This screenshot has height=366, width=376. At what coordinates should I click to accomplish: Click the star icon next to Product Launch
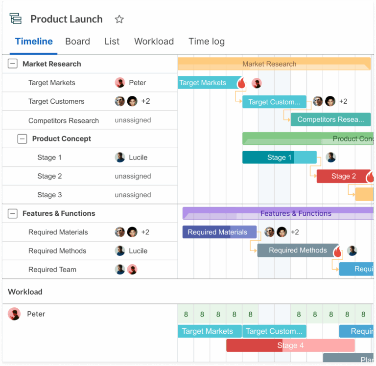(x=119, y=20)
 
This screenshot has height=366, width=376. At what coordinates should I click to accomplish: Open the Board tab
(x=77, y=42)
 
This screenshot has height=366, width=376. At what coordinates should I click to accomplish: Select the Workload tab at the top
(x=154, y=42)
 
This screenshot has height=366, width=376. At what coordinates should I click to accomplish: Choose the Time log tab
(x=207, y=42)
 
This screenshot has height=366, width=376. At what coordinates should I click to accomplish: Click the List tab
(x=112, y=42)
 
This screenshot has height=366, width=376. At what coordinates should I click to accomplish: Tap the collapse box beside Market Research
(x=13, y=64)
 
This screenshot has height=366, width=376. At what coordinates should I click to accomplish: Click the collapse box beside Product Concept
(x=22, y=138)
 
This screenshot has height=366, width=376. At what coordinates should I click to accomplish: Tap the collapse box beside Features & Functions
(x=13, y=213)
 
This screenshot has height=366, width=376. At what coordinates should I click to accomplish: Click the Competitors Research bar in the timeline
(x=330, y=119)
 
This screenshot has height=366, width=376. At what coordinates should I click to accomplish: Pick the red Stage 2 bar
(x=343, y=176)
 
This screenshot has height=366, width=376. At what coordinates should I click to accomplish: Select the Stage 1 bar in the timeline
(x=279, y=158)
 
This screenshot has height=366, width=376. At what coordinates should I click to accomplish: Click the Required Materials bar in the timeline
(x=219, y=232)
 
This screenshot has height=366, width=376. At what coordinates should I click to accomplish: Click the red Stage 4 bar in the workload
(x=290, y=345)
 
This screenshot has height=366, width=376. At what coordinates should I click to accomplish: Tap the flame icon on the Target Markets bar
(x=241, y=83)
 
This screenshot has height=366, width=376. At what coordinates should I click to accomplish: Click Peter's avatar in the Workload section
(x=14, y=314)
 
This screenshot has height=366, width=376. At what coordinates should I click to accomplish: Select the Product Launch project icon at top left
(x=16, y=19)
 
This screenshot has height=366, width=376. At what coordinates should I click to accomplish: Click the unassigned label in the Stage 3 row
(x=133, y=195)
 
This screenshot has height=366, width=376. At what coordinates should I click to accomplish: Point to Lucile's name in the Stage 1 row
(x=138, y=158)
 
